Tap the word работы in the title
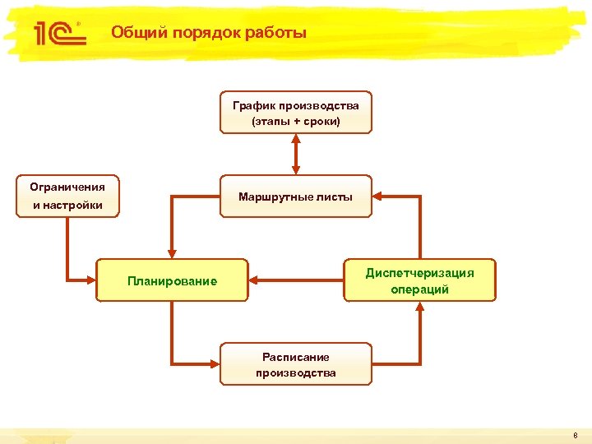pos(278,33)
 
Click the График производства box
pos(295,112)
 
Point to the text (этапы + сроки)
pos(295,122)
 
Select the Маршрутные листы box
pos(295,197)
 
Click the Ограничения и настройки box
pos(67,197)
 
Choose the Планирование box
pos(172,281)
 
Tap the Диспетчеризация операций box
pos(419,280)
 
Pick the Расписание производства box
pos(295,364)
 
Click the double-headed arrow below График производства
pos(295,154)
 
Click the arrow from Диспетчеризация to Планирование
pos(296,280)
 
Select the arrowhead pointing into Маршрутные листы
pos(379,197)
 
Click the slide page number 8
pos(576,435)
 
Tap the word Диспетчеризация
pos(419,272)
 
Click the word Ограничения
pos(67,187)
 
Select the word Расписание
pos(295,357)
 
